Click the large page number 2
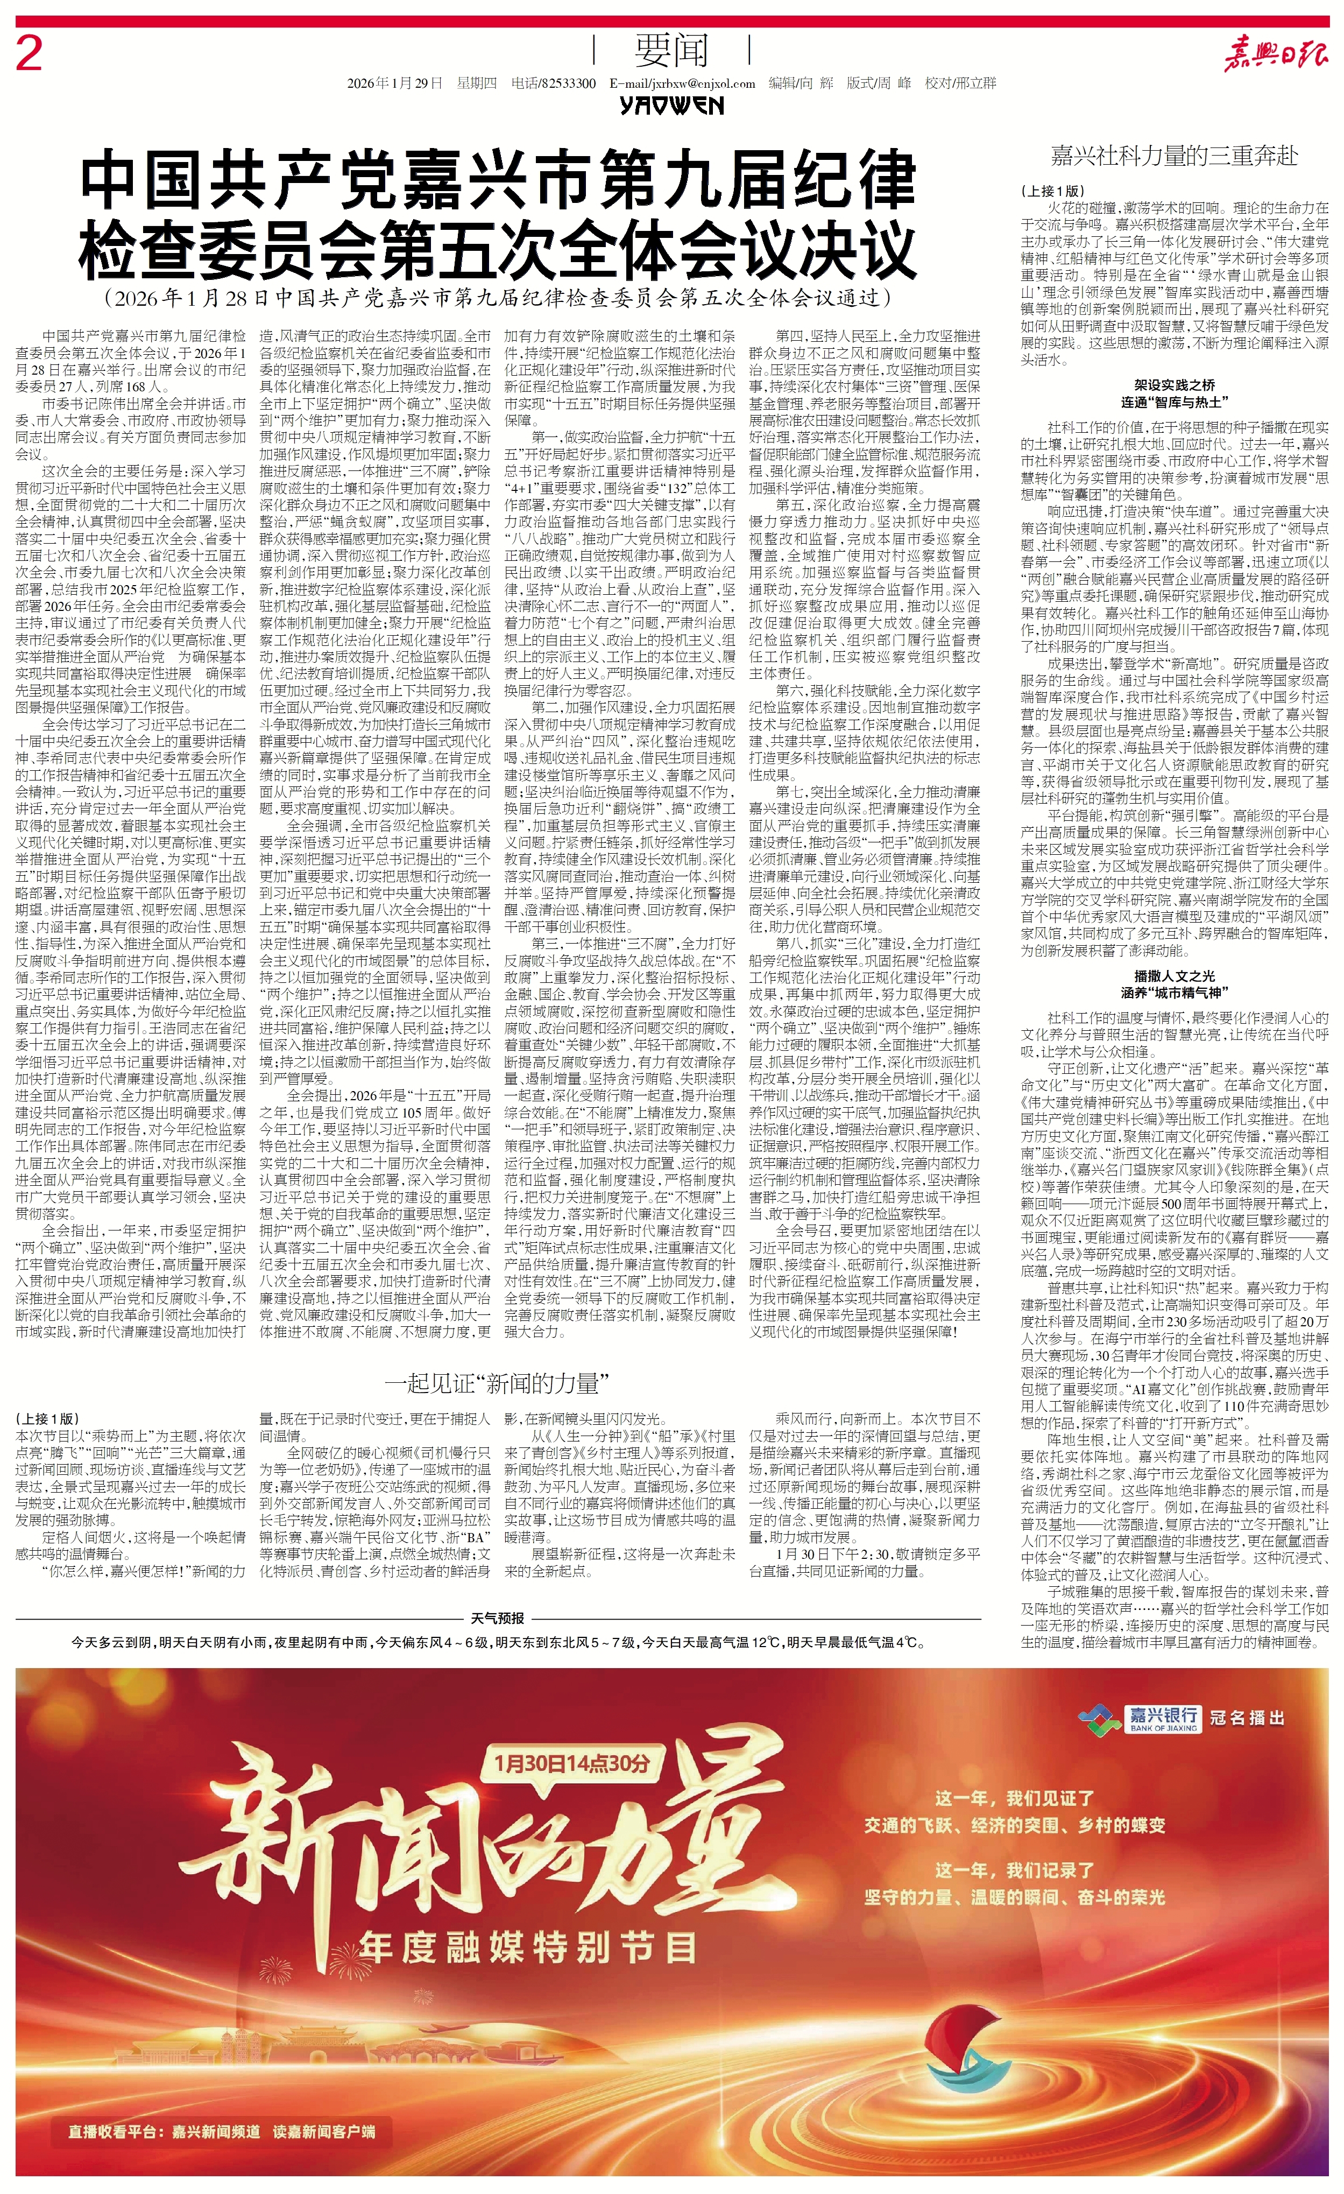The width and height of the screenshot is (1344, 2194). click(30, 55)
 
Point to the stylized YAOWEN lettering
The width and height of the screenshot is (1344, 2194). click(672, 106)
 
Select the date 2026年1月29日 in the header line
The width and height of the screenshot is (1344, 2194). click(395, 83)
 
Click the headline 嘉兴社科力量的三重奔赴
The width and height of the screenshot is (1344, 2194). click(1174, 158)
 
